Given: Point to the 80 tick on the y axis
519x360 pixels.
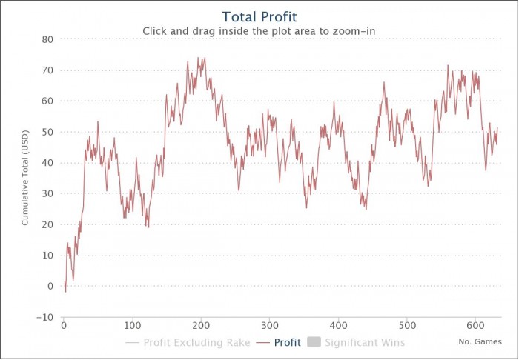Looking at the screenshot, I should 47,39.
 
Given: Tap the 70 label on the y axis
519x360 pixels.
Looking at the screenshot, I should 47,70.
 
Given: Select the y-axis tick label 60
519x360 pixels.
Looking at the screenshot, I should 47,101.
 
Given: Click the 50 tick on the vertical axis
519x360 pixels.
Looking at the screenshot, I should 47,132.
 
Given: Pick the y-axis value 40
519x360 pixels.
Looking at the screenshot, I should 47,163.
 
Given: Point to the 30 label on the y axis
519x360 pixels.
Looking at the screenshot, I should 47,193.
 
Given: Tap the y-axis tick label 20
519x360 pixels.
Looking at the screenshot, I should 47,224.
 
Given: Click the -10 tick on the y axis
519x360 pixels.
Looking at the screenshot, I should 44,317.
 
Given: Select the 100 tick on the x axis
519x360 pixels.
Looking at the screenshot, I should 133,326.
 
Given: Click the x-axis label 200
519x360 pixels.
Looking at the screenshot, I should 201,326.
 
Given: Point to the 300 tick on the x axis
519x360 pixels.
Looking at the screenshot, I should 270,326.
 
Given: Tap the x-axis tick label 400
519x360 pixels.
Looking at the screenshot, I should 338,326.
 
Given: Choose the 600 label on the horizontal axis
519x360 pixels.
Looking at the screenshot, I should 475,326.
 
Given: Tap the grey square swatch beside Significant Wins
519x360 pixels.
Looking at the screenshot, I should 312,343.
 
